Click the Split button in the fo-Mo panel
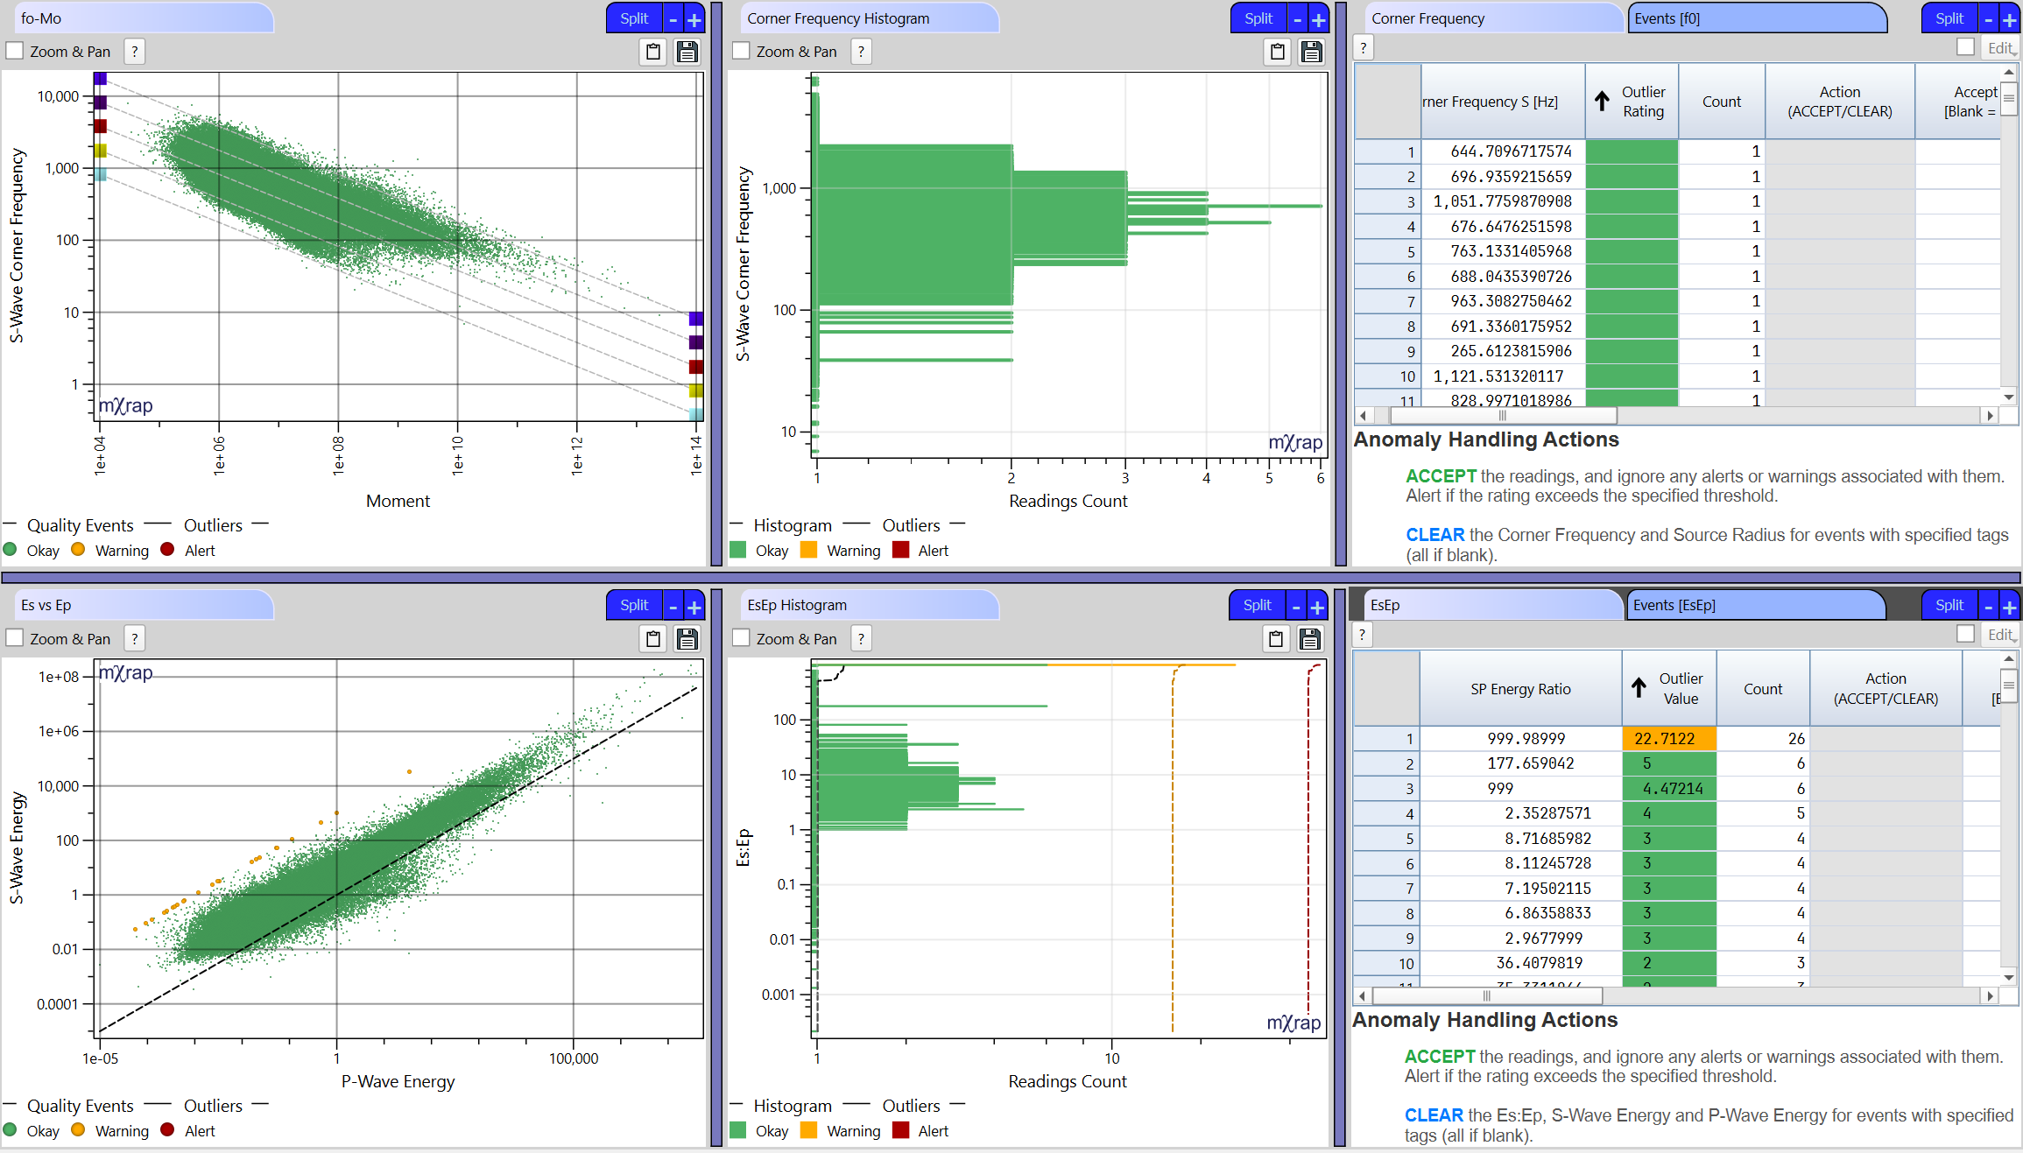[634, 18]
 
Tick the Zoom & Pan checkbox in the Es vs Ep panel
[15, 638]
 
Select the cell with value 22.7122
[1667, 739]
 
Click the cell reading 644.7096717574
[1503, 151]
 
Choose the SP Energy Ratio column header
[1520, 689]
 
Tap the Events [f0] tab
[1755, 18]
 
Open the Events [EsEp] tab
[1755, 605]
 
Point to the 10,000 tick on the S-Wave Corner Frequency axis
[59, 96]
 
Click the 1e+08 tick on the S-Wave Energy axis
[59, 677]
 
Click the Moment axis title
[398, 501]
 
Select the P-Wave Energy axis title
[398, 1081]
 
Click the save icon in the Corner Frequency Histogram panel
[1311, 52]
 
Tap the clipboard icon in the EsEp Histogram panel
[1276, 639]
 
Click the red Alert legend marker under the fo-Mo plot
[168, 550]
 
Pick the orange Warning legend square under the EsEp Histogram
[808, 1130]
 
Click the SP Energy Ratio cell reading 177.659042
[1530, 763]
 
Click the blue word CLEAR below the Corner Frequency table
[1434, 535]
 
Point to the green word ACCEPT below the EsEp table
[1439, 1057]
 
